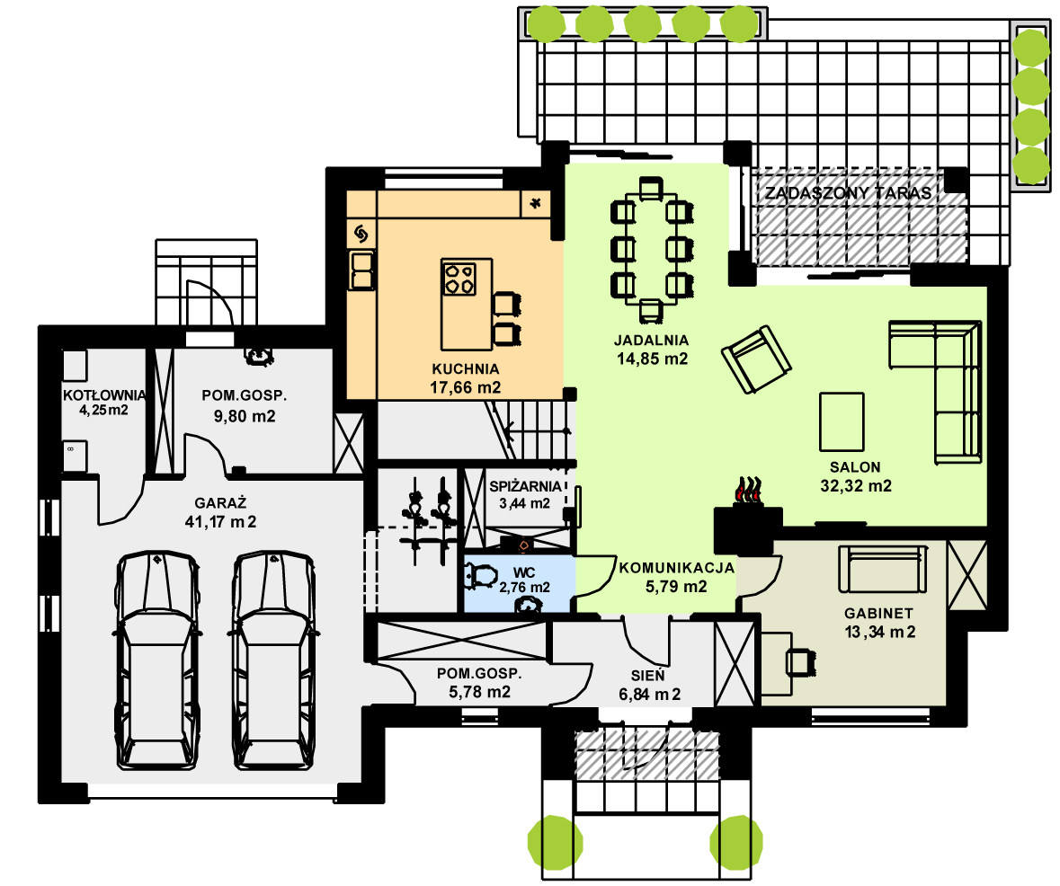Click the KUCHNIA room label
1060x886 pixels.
click(x=465, y=369)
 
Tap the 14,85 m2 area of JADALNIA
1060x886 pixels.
click(x=652, y=359)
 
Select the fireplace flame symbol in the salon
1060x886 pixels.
click(x=748, y=491)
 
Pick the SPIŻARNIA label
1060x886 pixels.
click(x=525, y=487)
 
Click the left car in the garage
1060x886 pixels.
click(x=158, y=660)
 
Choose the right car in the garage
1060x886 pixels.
click(x=273, y=660)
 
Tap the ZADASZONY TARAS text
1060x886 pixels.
click(x=849, y=192)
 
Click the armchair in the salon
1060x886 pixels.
click(x=756, y=359)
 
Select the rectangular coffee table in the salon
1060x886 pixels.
click(x=842, y=421)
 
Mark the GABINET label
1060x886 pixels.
click(x=878, y=614)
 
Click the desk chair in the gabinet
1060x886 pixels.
click(x=800, y=662)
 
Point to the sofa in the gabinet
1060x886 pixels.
click(x=883, y=569)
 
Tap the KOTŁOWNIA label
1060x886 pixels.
click(x=104, y=395)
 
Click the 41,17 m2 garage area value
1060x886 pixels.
click(x=220, y=522)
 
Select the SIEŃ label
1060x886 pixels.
click(x=647, y=675)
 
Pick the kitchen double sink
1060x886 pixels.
click(x=361, y=270)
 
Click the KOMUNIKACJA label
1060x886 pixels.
click(x=677, y=568)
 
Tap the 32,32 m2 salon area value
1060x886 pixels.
click(x=856, y=486)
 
